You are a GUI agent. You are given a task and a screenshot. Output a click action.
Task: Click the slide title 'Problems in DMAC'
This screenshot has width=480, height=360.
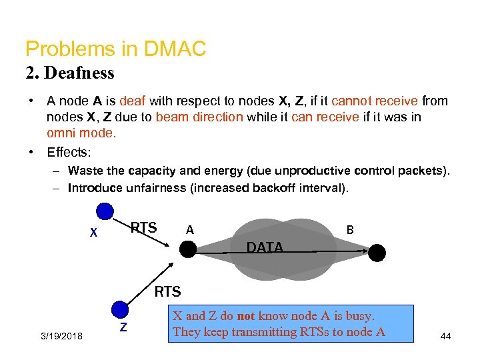click(115, 49)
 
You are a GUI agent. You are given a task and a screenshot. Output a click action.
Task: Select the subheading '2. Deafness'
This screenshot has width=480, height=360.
click(69, 73)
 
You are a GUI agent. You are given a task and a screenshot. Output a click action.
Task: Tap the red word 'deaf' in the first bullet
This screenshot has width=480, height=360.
click(132, 101)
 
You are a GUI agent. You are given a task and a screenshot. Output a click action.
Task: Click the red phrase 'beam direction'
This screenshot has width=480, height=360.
click(199, 117)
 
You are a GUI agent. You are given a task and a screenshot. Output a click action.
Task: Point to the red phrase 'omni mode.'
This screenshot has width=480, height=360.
click(81, 132)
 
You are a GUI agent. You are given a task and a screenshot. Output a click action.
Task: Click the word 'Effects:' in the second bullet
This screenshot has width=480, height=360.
click(69, 152)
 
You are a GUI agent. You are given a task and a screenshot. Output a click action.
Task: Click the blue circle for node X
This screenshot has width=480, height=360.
click(104, 212)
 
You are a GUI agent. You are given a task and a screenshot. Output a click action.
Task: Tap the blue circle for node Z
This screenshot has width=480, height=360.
click(119, 309)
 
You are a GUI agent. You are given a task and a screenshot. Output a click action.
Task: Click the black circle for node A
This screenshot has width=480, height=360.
click(188, 250)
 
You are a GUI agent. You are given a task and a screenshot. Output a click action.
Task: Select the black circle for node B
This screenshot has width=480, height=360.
click(377, 253)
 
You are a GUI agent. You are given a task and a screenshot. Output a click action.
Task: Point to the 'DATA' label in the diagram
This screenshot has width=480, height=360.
click(265, 247)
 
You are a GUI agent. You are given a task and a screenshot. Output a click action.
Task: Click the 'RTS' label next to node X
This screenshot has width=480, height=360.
click(143, 228)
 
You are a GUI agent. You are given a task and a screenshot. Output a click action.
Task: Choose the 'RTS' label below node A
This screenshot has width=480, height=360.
click(167, 291)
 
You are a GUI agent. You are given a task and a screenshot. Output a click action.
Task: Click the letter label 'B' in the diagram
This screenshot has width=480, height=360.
click(349, 230)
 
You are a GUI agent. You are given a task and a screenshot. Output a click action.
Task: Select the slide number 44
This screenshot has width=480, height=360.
click(445, 336)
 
